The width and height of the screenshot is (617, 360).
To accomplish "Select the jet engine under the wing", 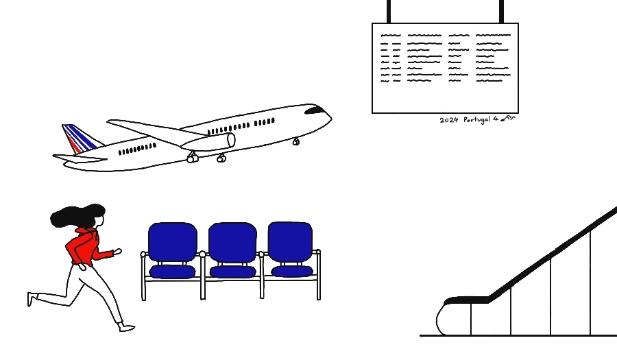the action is pos(208,142).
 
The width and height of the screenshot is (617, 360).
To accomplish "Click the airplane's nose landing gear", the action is pos(296,142).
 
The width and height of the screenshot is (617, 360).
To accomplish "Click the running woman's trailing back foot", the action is pos(30,299).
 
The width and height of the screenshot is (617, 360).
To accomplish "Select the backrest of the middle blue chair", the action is pos(232,242).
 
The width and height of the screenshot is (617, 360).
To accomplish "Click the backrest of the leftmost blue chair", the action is pos(172,242).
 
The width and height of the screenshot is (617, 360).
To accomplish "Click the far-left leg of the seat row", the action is pos(143,278).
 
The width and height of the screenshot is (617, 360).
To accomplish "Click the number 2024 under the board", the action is pos(448,120).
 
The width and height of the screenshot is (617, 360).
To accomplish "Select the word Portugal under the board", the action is pos(476,120).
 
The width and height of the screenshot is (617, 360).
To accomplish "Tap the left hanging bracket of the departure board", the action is pos(389,11).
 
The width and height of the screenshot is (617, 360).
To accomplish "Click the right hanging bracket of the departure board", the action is pos(502,11).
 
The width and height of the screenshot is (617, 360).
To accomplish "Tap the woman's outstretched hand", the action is pos(118,252).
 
